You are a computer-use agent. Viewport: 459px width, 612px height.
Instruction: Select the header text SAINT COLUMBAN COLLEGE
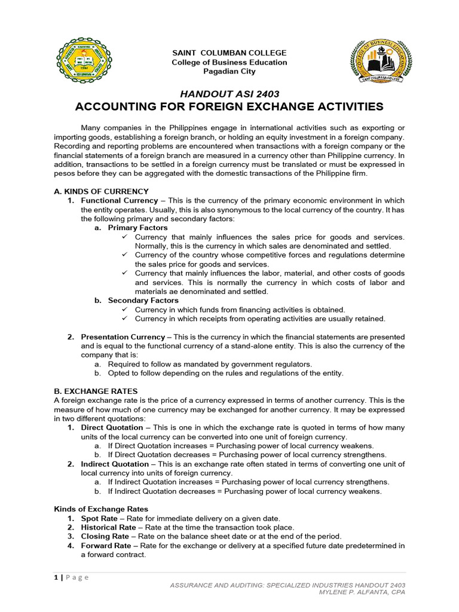229,53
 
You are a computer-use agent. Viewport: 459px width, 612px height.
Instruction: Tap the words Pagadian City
229,72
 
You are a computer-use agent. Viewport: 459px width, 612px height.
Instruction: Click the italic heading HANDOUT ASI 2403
229,94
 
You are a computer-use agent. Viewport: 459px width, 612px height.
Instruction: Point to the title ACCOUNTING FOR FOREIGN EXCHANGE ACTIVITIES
229,107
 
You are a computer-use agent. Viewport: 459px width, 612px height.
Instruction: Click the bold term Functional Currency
120,200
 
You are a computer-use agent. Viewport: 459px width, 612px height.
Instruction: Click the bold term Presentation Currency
123,337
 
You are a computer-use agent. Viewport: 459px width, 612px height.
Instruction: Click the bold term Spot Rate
99,518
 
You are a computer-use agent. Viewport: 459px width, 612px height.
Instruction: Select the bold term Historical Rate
108,527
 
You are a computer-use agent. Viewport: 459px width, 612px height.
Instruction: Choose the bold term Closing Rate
104,536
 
